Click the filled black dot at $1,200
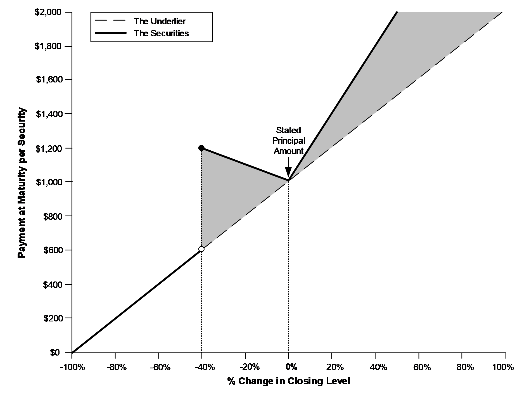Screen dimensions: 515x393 tap(201, 148)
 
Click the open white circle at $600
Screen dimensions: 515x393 tap(201, 249)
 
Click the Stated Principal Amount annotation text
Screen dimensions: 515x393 tap(288, 141)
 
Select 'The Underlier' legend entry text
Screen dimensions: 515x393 tap(160, 21)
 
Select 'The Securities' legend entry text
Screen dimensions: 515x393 tap(161, 33)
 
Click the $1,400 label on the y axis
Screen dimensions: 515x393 tap(49, 114)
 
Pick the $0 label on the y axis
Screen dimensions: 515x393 tap(55, 353)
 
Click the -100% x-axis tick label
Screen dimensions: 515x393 tap(72, 367)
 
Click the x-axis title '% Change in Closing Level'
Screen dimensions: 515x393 tap(289, 381)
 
